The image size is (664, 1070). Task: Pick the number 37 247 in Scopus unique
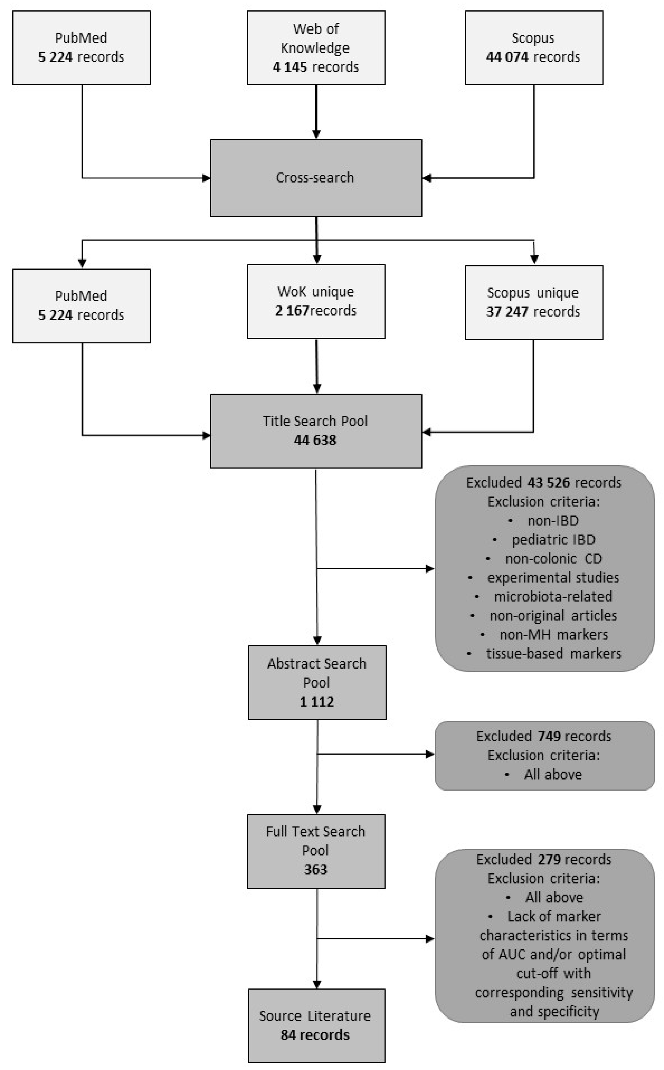tap(507, 312)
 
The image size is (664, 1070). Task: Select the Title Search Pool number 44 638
tap(315, 440)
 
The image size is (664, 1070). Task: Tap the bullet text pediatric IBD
tap(553, 539)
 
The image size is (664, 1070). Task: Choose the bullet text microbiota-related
tap(553, 597)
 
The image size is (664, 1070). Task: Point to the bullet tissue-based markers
tap(553, 654)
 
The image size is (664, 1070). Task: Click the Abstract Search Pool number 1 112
tap(317, 701)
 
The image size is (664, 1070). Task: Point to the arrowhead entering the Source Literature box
tap(317, 984)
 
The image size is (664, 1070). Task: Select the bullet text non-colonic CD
tap(553, 559)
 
